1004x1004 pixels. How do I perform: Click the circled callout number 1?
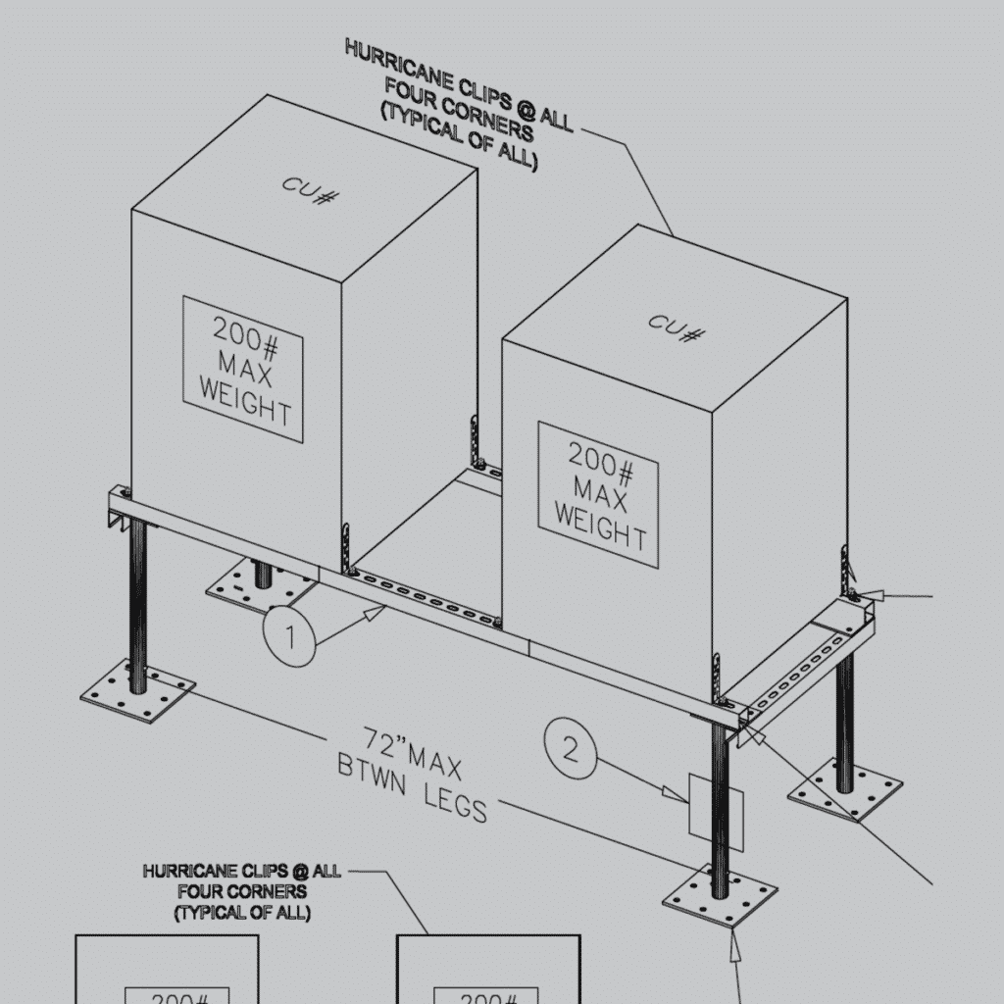[x=289, y=637]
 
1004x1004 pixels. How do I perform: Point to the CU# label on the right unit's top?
[x=677, y=328]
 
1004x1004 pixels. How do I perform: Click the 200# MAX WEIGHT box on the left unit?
[x=243, y=370]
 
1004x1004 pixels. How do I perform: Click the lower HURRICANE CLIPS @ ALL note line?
[x=242, y=871]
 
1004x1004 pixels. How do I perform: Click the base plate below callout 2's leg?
[x=720, y=897]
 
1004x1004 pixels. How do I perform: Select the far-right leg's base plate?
[x=845, y=791]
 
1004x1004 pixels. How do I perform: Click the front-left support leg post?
[x=138, y=603]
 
